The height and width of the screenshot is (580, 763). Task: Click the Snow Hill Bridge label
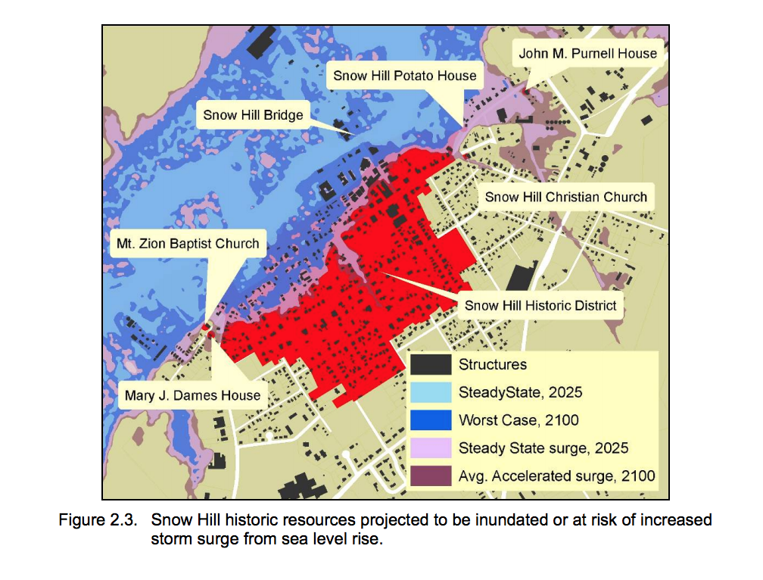click(x=253, y=115)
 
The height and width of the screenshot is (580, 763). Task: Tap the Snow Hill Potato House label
click(x=405, y=76)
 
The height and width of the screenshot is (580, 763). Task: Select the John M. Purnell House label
click(x=587, y=54)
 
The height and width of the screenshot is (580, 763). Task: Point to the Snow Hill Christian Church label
click(x=566, y=197)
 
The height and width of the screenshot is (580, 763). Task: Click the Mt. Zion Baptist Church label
click(x=187, y=243)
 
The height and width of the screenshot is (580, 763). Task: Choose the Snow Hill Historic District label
click(x=540, y=305)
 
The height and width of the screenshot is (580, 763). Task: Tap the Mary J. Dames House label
click(x=192, y=394)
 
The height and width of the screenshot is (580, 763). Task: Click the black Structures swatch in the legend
click(x=431, y=365)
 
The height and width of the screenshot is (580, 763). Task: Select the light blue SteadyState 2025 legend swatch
click(x=431, y=392)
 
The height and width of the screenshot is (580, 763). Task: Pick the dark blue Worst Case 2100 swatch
click(x=431, y=420)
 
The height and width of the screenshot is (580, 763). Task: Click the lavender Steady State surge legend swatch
click(x=431, y=448)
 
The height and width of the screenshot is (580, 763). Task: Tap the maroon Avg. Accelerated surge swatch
click(x=431, y=476)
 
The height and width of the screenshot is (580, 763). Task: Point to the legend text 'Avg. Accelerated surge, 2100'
click(x=556, y=476)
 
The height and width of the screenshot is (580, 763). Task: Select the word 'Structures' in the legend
click(x=493, y=365)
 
